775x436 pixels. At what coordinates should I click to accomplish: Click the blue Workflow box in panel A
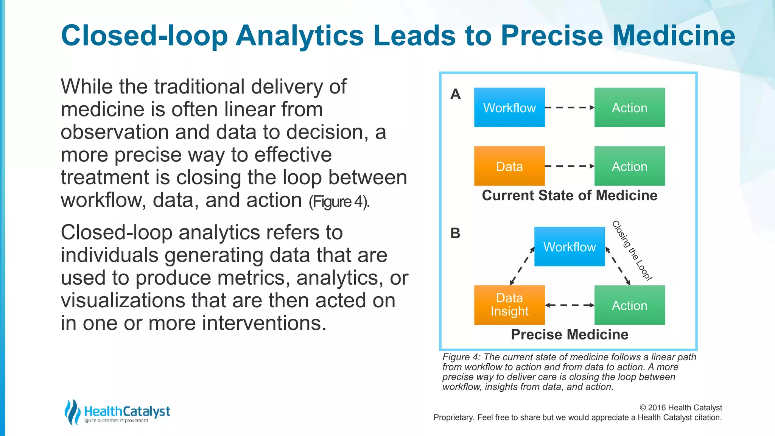coord(509,107)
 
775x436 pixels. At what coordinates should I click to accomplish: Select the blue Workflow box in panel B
coord(570,247)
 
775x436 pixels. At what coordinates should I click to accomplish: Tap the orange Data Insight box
coord(509,305)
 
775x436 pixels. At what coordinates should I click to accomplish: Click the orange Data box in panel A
coord(509,166)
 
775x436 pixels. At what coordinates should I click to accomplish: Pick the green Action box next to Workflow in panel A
coord(629,107)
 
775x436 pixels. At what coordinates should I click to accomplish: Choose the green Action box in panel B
coord(629,305)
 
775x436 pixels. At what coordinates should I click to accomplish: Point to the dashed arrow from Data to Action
coord(570,166)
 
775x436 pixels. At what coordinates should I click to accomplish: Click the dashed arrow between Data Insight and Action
coord(570,305)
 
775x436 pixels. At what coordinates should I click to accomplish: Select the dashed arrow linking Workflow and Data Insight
coord(522,266)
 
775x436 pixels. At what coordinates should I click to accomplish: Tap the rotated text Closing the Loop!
coord(632,251)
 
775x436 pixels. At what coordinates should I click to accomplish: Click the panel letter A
coord(456,94)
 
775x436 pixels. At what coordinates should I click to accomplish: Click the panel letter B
coord(456,233)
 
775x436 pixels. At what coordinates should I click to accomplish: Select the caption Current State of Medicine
coord(570,195)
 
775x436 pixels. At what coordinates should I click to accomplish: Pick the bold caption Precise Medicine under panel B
coord(570,335)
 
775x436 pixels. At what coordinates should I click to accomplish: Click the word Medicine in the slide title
coord(674,36)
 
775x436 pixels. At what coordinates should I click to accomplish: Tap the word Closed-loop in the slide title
coord(144,36)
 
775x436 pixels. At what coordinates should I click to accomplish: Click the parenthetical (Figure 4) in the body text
coord(339,202)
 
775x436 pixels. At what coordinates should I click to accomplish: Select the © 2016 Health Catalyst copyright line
coord(681,408)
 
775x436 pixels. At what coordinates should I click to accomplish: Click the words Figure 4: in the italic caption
coord(462,357)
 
